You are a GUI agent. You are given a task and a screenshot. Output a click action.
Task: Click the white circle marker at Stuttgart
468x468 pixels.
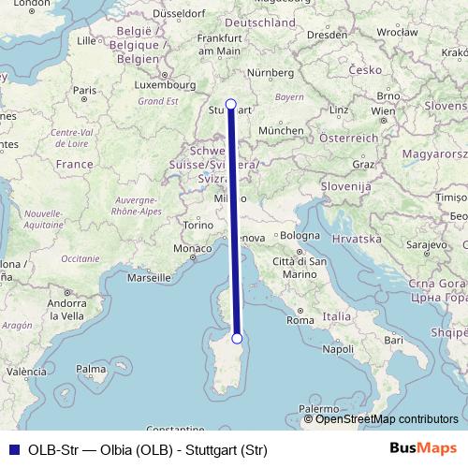pyautogui.click(x=231, y=104)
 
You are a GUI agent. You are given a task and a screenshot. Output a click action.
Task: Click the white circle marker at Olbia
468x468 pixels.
pyautogui.click(x=237, y=339)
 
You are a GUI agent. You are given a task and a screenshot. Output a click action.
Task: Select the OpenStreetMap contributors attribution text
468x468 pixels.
pyautogui.click(x=387, y=419)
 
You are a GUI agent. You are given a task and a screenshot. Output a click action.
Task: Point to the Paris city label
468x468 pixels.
pyautogui.click(x=86, y=91)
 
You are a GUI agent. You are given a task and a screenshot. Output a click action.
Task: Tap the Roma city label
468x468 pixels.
pyautogui.click(x=301, y=320)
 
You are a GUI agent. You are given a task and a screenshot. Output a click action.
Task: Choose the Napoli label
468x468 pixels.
pyautogui.click(x=337, y=348)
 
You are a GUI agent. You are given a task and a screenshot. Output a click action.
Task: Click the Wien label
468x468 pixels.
pyautogui.click(x=382, y=110)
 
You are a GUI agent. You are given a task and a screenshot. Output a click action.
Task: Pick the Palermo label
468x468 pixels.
pyautogui.click(x=319, y=409)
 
